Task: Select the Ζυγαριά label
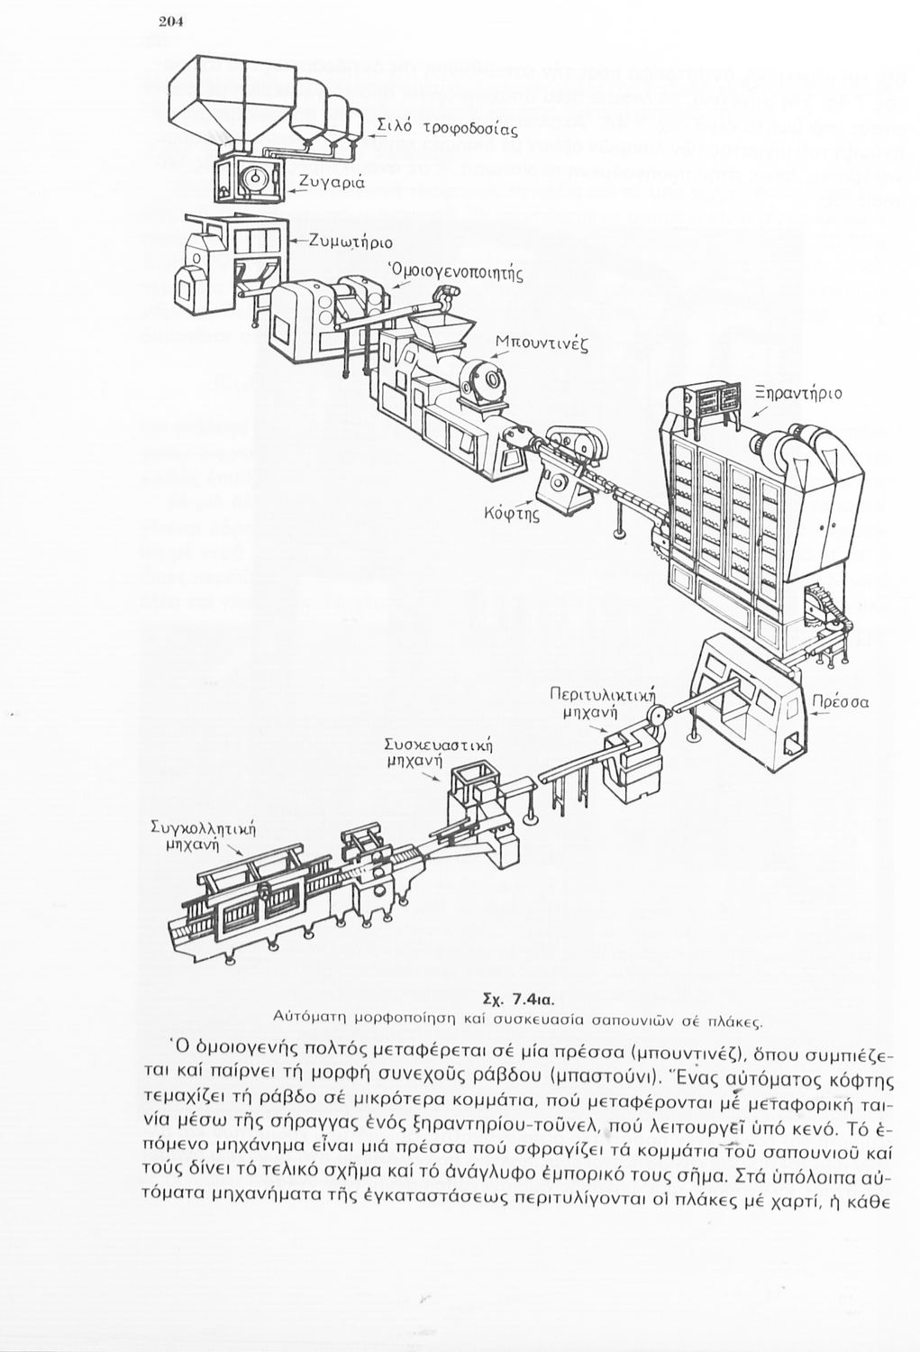332,183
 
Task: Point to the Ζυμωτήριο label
351,241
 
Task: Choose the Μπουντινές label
542,343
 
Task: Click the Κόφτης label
511,516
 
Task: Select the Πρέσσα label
840,701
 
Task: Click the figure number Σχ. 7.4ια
517,1000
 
